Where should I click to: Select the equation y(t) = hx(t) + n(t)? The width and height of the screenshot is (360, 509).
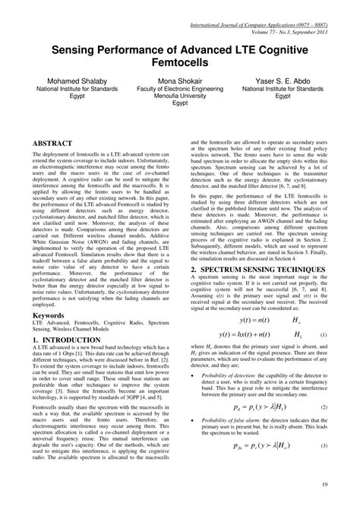click(x=245, y=313)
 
